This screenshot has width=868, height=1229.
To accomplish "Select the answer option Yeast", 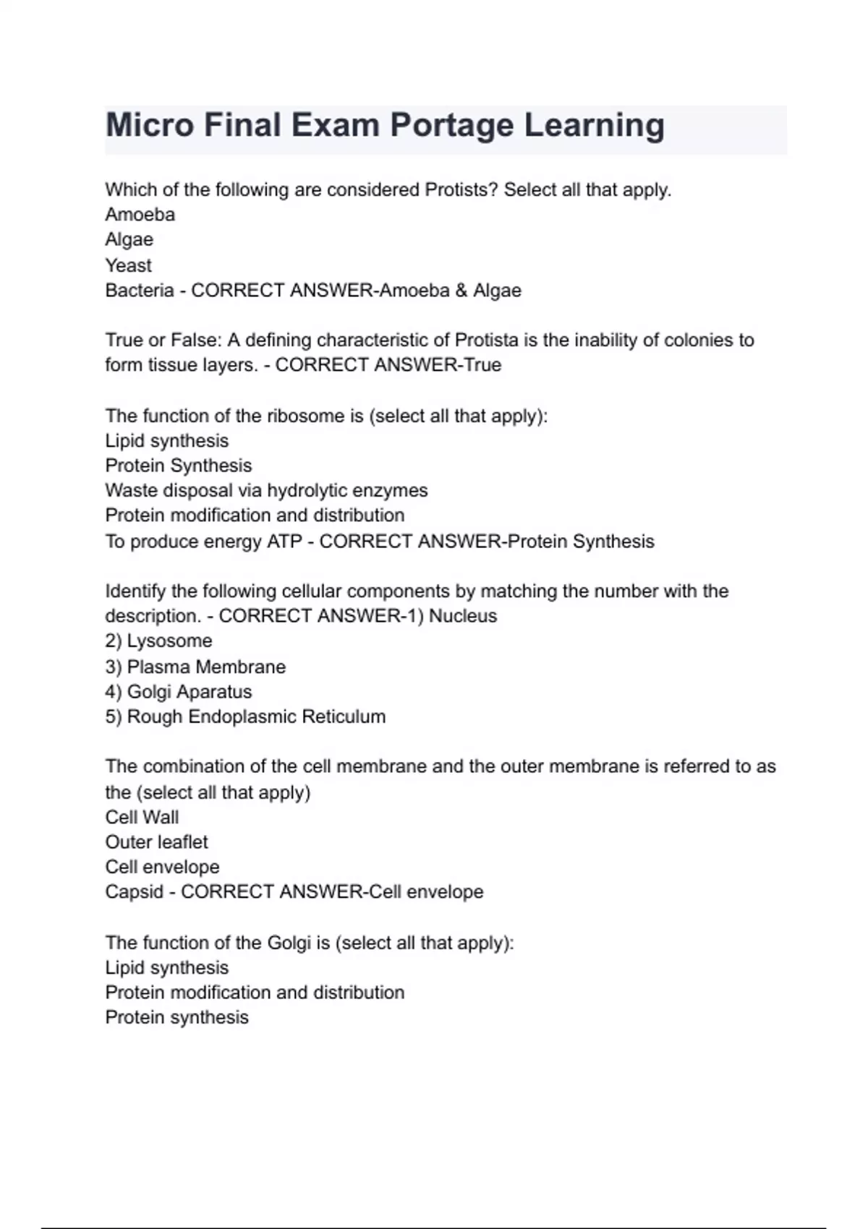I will click(x=128, y=265).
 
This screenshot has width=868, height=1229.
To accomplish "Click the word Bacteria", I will click(x=140, y=291).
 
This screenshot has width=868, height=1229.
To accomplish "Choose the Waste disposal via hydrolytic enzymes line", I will click(x=266, y=491).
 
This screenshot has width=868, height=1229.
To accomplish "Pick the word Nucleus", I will click(x=463, y=616).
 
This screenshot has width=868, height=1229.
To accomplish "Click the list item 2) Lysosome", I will click(x=158, y=641).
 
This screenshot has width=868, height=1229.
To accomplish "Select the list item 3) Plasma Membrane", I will click(x=195, y=667).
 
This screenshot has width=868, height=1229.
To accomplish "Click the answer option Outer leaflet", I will click(x=156, y=842).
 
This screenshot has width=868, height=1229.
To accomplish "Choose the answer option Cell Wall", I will click(x=142, y=817).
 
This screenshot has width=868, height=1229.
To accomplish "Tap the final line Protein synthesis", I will click(x=176, y=1017).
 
